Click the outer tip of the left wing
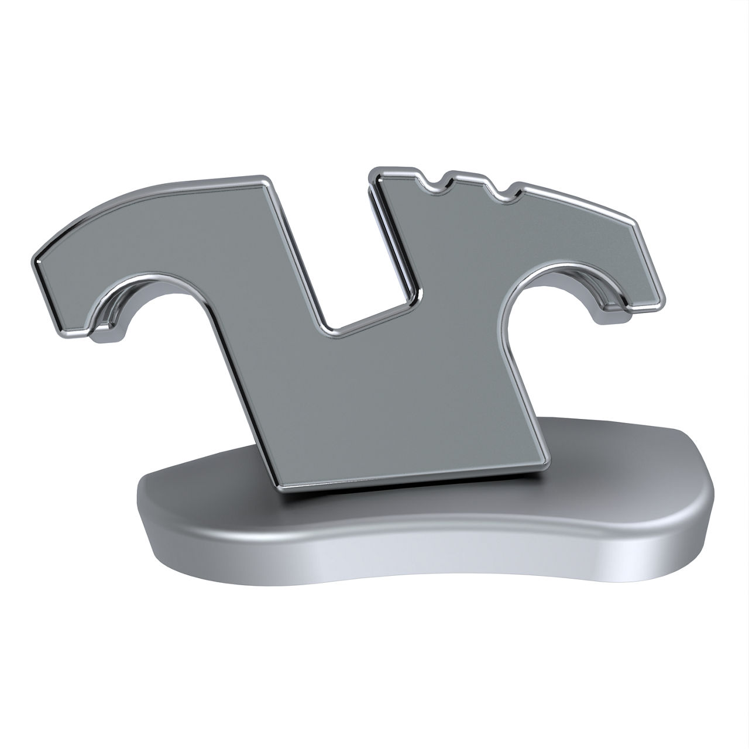[39, 257]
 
